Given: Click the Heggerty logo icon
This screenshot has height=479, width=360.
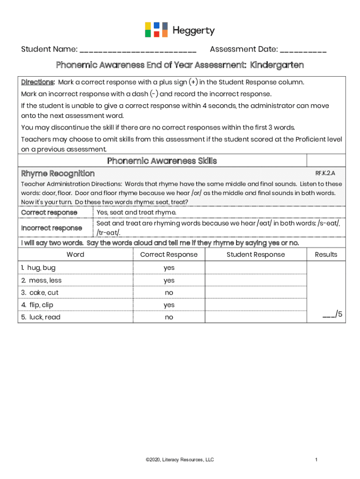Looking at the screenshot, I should pos(156,29).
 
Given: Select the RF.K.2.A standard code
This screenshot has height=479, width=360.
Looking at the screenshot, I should pos(325,173).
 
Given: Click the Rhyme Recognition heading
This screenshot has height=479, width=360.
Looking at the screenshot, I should pos(58,174).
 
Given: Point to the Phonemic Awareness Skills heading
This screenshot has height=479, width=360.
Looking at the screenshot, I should pos(162,161).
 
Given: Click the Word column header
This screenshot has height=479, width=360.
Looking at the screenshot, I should pos(75,254).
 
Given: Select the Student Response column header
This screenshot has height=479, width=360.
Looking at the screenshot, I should pos(256,254).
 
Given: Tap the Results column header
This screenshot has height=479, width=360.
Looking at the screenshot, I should pos(326,254).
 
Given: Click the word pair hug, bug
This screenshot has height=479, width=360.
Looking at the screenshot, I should pos(38,268).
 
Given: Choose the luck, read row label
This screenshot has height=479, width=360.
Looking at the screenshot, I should pos(41,317).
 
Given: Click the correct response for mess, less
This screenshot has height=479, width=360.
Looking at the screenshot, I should pos(169,280).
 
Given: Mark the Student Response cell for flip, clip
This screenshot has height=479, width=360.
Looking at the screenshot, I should pos(256,305).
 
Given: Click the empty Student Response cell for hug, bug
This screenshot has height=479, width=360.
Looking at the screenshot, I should pos(256,268).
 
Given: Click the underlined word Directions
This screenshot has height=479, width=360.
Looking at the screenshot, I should pos(38,82).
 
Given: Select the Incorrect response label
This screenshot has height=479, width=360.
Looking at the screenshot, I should pos(51,228).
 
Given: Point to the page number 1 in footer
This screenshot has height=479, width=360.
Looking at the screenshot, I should pos(317,460).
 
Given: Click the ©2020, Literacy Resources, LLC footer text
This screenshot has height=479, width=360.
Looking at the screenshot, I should pos(180,460).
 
